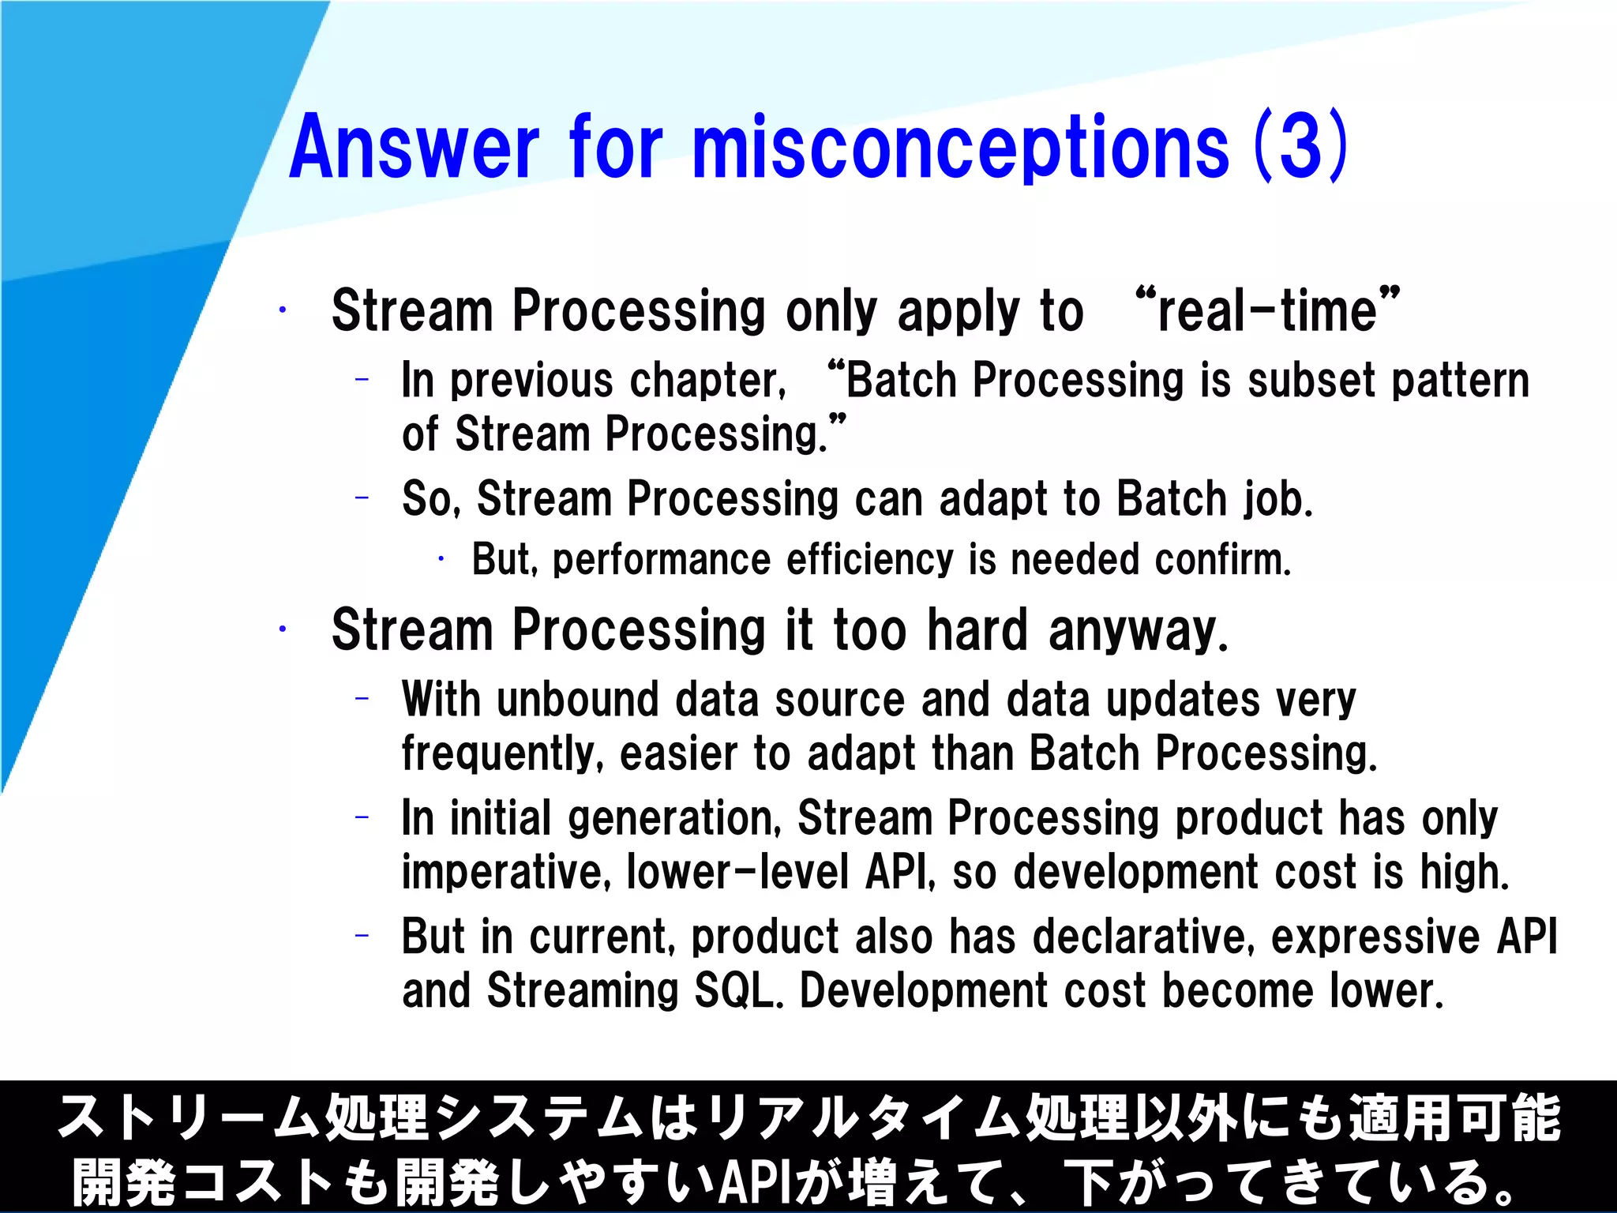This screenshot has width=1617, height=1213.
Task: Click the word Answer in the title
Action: click(414, 148)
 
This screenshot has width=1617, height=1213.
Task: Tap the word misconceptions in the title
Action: click(960, 148)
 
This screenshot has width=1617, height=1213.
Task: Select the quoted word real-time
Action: click(1267, 310)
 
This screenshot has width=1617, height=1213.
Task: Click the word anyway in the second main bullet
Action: click(1138, 630)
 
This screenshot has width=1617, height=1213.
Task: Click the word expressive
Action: click(1375, 937)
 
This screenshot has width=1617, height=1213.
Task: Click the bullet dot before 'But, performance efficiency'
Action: click(441, 560)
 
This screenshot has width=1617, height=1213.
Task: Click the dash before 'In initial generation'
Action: click(362, 817)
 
